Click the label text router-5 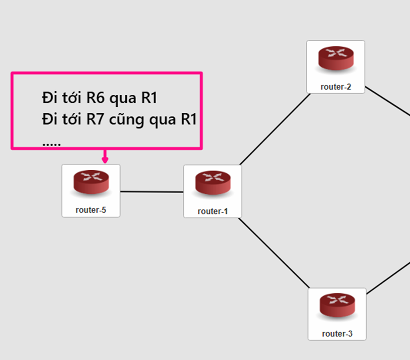pos(91,210)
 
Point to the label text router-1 pos(213,211)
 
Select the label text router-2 pos(335,86)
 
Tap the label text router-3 pos(337,334)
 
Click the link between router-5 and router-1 pos(151,192)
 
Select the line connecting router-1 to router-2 pos(275,129)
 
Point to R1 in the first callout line pos(149,98)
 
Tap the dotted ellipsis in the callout pos(52,143)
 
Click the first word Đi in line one pos(49,98)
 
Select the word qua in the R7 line pos(164,120)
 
